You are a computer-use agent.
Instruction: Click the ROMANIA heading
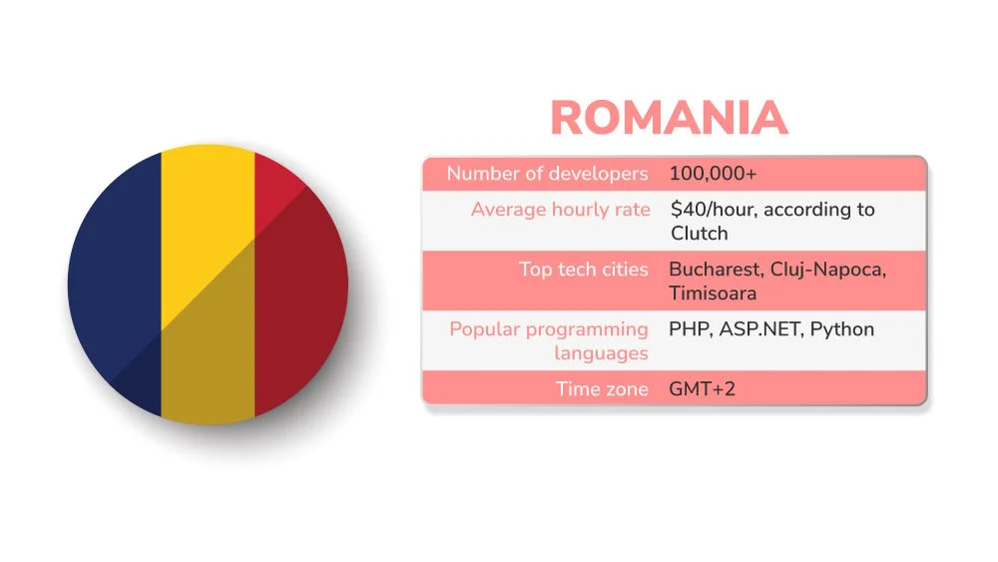[669, 119]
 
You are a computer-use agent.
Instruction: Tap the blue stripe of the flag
[115, 284]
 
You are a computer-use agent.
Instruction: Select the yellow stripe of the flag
[208, 284]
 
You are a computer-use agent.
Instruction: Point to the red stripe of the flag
[299, 284]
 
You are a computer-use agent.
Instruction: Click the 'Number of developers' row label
[547, 174]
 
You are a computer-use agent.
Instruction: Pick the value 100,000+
[713, 174]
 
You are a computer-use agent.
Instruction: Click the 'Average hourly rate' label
[560, 210]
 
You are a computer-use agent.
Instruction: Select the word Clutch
[700, 234]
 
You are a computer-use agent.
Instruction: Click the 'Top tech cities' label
[583, 270]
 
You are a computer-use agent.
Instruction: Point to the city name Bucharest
[715, 270]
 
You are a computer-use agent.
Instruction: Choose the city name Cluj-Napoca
[827, 270]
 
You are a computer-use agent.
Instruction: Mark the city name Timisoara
[713, 293]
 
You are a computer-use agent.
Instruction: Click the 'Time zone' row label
[602, 389]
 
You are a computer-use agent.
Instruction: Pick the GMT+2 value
[702, 389]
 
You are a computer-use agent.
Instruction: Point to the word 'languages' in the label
[601, 353]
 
